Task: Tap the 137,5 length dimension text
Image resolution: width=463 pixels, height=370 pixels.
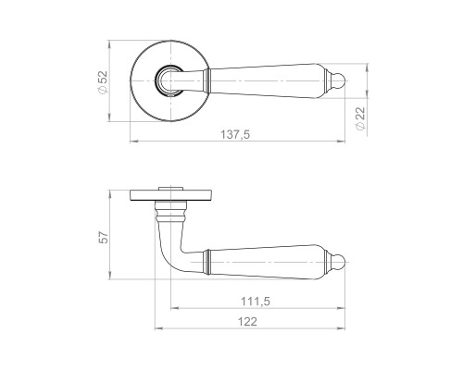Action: (237, 135)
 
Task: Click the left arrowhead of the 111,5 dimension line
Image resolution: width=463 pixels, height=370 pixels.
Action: (172, 310)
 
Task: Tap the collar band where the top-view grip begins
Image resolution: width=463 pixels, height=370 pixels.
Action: (209, 80)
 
